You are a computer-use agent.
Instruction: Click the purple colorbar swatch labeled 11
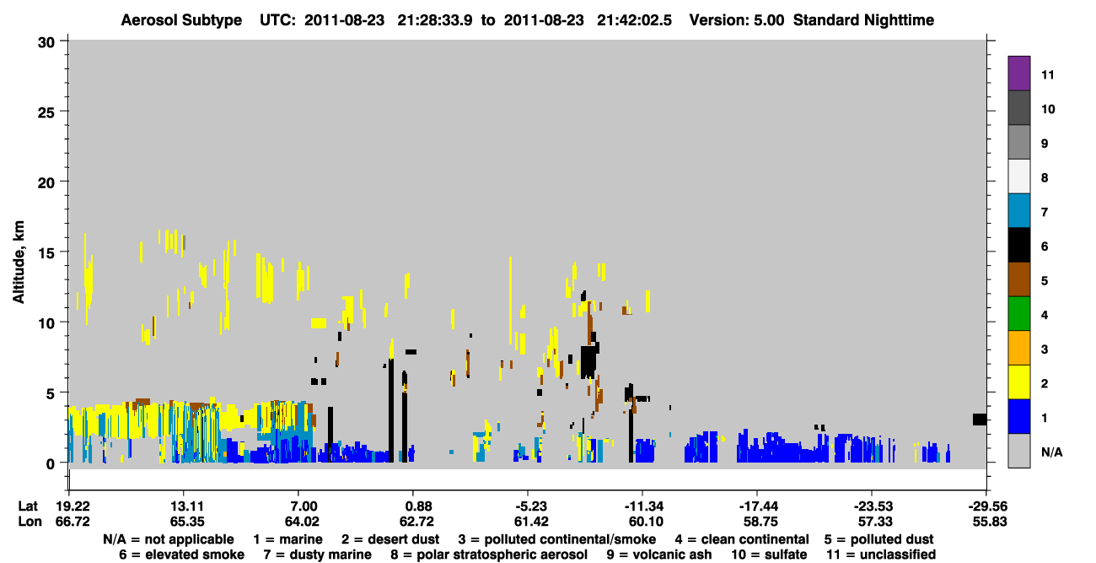coord(1018,73)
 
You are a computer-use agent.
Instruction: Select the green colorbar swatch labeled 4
coord(1018,314)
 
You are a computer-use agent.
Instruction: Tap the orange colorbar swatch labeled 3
coord(1018,348)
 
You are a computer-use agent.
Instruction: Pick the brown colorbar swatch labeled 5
coord(1018,279)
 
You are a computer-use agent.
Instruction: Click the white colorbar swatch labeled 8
coord(1018,176)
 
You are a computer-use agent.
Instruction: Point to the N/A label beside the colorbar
coord(1051,452)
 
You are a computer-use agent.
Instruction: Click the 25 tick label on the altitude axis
coord(46,113)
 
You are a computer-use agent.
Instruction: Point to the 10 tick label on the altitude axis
coord(46,323)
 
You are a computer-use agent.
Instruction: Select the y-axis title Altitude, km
coord(18,263)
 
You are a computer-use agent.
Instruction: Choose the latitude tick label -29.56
coord(988,506)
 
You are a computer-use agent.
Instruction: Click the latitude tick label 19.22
coord(73,506)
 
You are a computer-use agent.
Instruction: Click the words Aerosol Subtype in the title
coord(181,20)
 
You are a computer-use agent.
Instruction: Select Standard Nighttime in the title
coord(863,20)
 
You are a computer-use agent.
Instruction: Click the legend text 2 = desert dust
coord(390,539)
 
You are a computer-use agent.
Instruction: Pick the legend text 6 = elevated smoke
coord(181,555)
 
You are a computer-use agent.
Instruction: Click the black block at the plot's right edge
coord(980,420)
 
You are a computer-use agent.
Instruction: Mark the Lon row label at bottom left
coord(30,522)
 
